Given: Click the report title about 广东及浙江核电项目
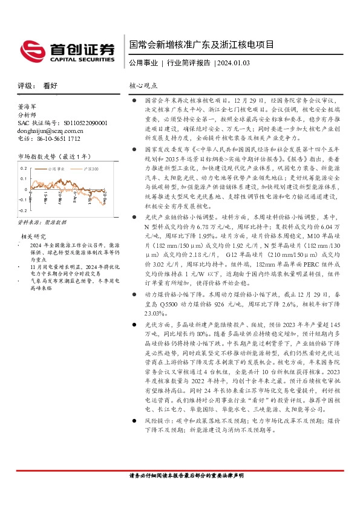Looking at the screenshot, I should [x=201, y=45].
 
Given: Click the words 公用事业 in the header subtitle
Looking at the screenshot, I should [x=143, y=62].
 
